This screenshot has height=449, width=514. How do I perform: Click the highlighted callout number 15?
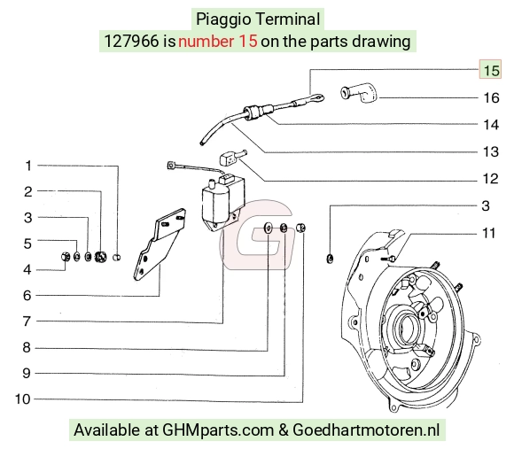tap(491, 70)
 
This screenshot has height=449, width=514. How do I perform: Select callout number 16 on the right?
tap(491, 97)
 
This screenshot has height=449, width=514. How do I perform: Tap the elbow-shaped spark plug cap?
tap(359, 93)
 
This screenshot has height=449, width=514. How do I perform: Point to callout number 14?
tap(491, 125)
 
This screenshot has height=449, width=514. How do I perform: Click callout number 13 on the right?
tap(491, 151)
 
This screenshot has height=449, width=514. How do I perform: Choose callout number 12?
tap(491, 179)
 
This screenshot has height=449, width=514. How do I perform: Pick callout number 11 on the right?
tap(489, 233)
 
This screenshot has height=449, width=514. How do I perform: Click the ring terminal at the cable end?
tap(316, 97)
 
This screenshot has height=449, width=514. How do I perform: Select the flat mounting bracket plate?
tap(158, 245)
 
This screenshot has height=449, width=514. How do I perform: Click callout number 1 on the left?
tap(28, 166)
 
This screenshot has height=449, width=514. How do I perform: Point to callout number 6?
tap(27, 296)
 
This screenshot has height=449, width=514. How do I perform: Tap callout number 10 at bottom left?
tap(23, 399)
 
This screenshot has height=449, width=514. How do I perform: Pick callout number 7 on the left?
tap(27, 321)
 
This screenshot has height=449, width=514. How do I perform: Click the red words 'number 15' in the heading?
tap(218, 42)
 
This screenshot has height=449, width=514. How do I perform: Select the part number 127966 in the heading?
tap(131, 42)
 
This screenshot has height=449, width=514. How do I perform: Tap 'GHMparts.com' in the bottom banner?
tap(218, 430)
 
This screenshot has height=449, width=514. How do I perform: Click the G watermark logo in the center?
tap(256, 235)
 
